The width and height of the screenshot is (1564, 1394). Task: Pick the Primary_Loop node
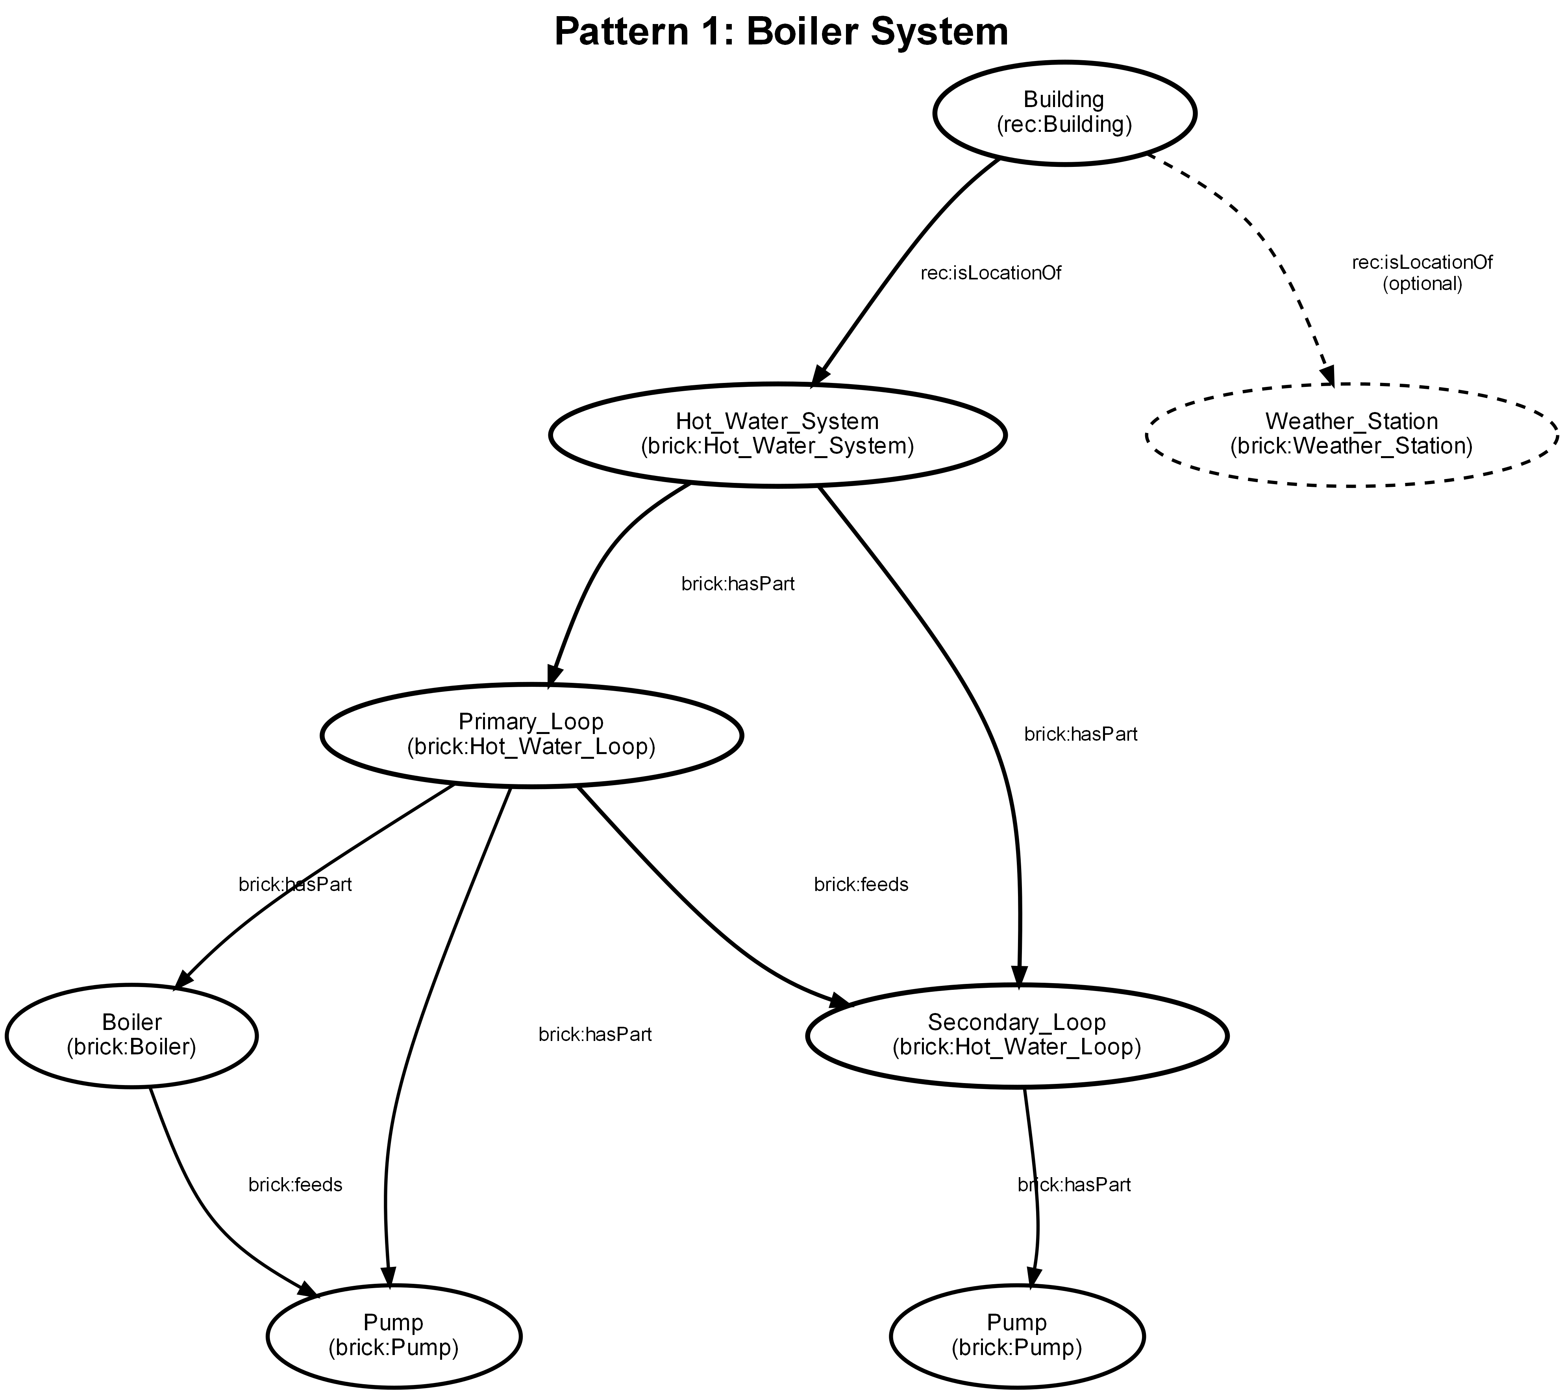[x=531, y=734]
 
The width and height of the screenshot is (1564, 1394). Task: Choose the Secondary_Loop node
[x=1016, y=1035]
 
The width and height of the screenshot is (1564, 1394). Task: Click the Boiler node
[x=131, y=1035]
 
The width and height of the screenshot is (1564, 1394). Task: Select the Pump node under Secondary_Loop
[x=1016, y=1335]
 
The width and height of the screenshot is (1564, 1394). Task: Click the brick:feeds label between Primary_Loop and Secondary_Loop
[x=861, y=885]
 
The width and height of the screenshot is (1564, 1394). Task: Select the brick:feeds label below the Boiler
[x=295, y=1185]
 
